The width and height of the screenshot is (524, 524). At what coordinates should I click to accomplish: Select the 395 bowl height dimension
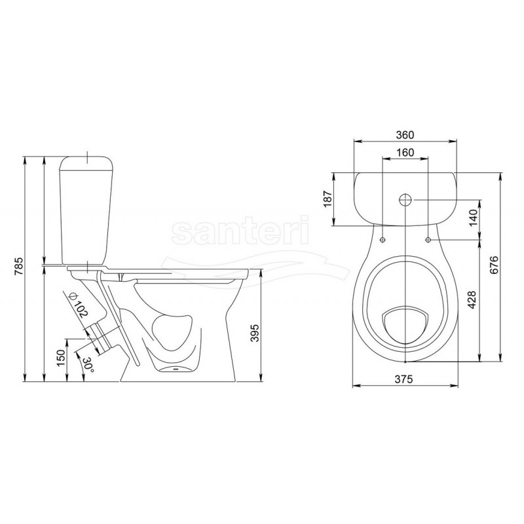tap(255, 333)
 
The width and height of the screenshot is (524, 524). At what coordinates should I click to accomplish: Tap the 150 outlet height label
tap(61, 358)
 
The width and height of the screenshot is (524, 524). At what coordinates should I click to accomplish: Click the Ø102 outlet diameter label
tap(77, 305)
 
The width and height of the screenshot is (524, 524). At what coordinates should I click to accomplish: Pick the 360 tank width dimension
tap(405, 135)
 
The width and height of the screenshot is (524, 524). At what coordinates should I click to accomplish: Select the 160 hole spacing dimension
tap(405, 153)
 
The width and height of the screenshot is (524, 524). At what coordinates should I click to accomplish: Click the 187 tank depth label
tap(328, 199)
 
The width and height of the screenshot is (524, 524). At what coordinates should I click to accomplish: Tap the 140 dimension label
tap(474, 217)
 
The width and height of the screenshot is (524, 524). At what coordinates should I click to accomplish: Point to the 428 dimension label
tap(471, 300)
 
